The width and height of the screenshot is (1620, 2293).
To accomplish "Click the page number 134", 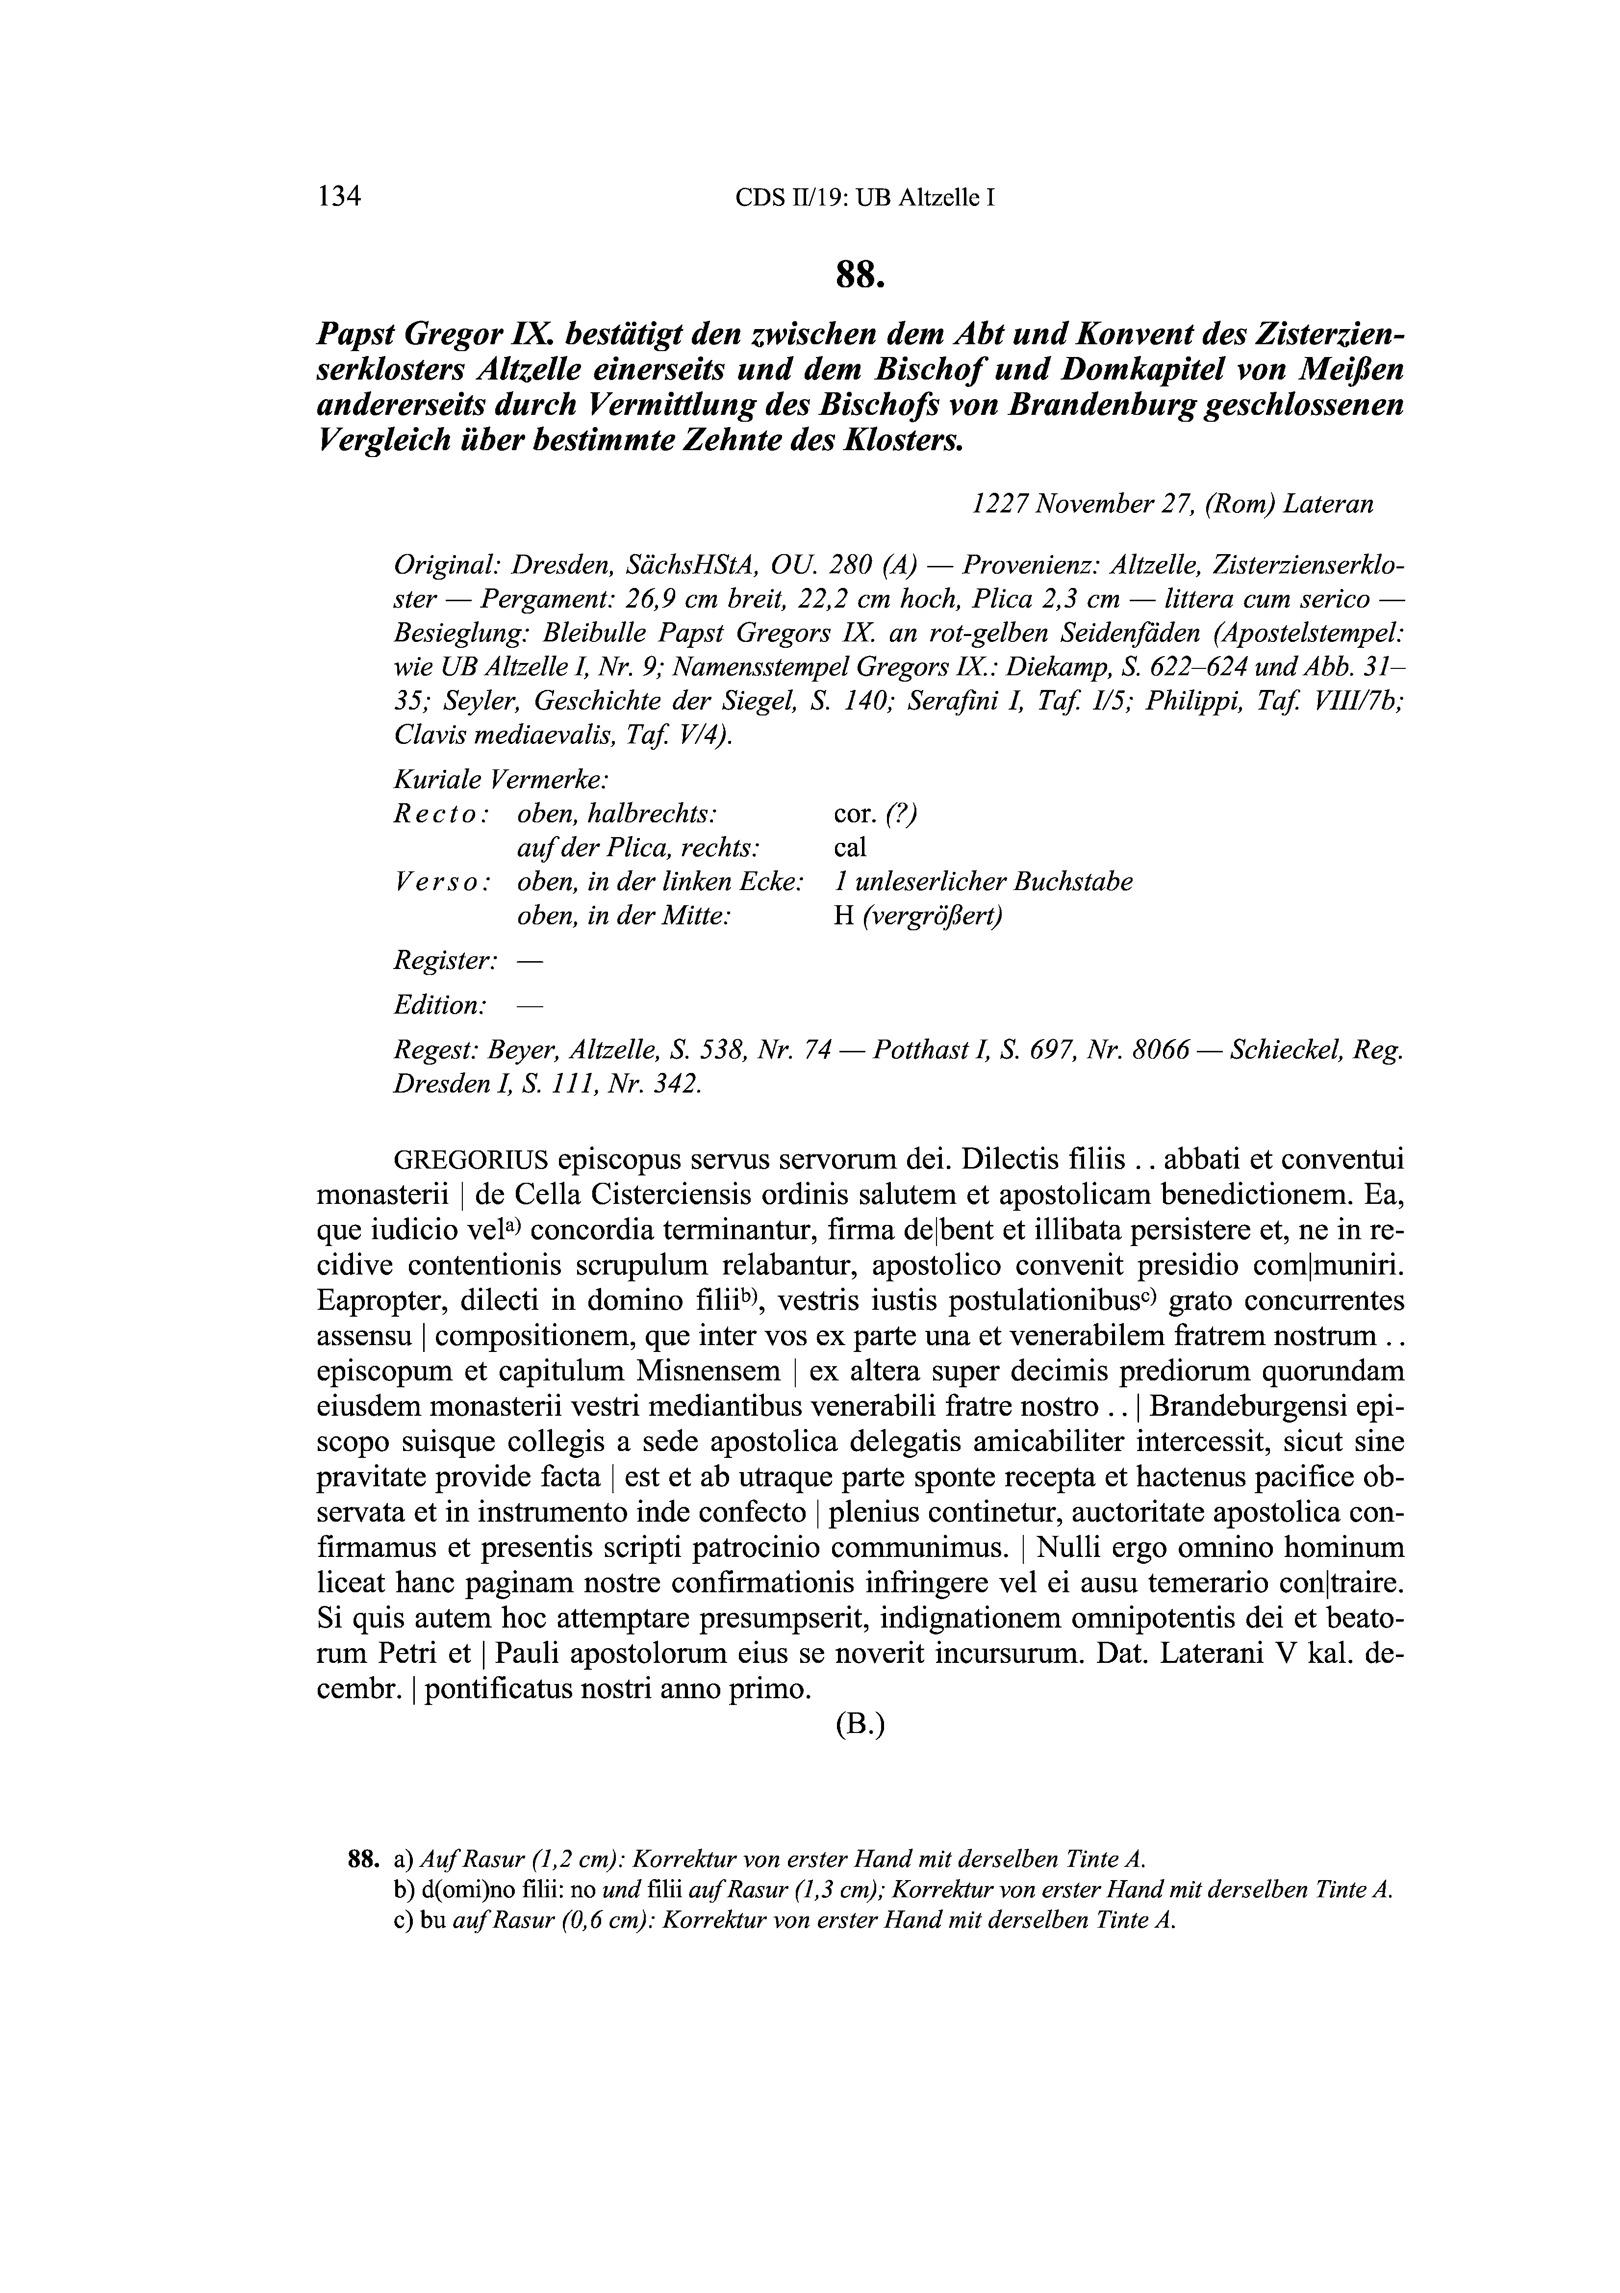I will click(338, 196).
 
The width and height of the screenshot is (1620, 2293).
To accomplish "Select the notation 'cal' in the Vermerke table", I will click(850, 848).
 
